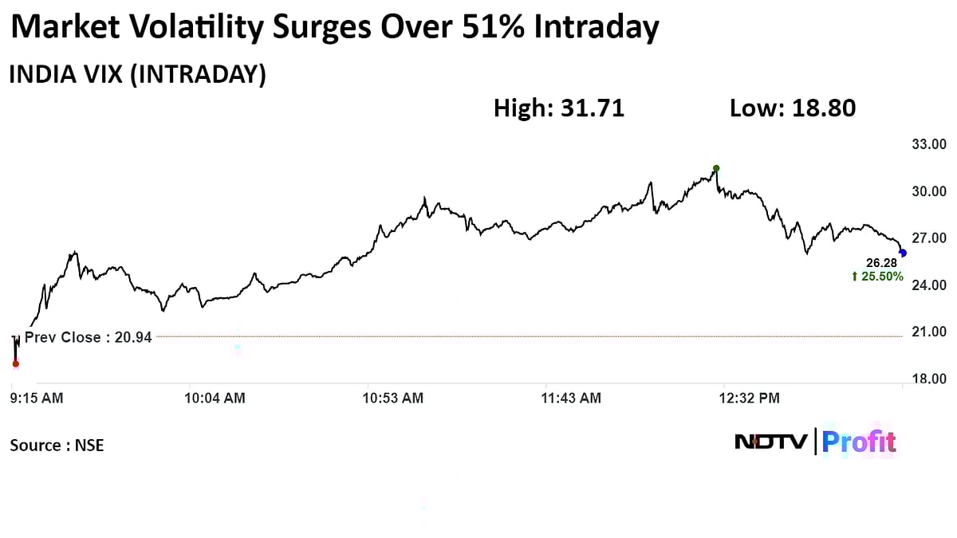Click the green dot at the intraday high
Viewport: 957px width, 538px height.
[716, 168]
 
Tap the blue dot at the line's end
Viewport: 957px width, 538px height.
[903, 253]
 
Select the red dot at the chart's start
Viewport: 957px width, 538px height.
[16, 363]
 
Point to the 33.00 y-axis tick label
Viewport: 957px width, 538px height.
[928, 144]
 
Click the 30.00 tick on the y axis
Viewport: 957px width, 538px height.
[928, 191]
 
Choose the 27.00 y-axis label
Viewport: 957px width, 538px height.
[928, 238]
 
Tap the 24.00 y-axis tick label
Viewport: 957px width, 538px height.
[928, 285]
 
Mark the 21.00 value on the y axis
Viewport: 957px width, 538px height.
[928, 332]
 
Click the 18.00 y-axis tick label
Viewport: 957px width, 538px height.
[928, 379]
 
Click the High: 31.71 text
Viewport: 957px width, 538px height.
[559, 108]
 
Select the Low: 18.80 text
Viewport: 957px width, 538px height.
[793, 108]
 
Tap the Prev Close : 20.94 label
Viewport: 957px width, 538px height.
[88, 338]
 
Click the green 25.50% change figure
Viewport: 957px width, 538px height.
[877, 277]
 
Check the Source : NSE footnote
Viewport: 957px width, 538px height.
[57, 446]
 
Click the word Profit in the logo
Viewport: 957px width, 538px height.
[859, 442]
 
